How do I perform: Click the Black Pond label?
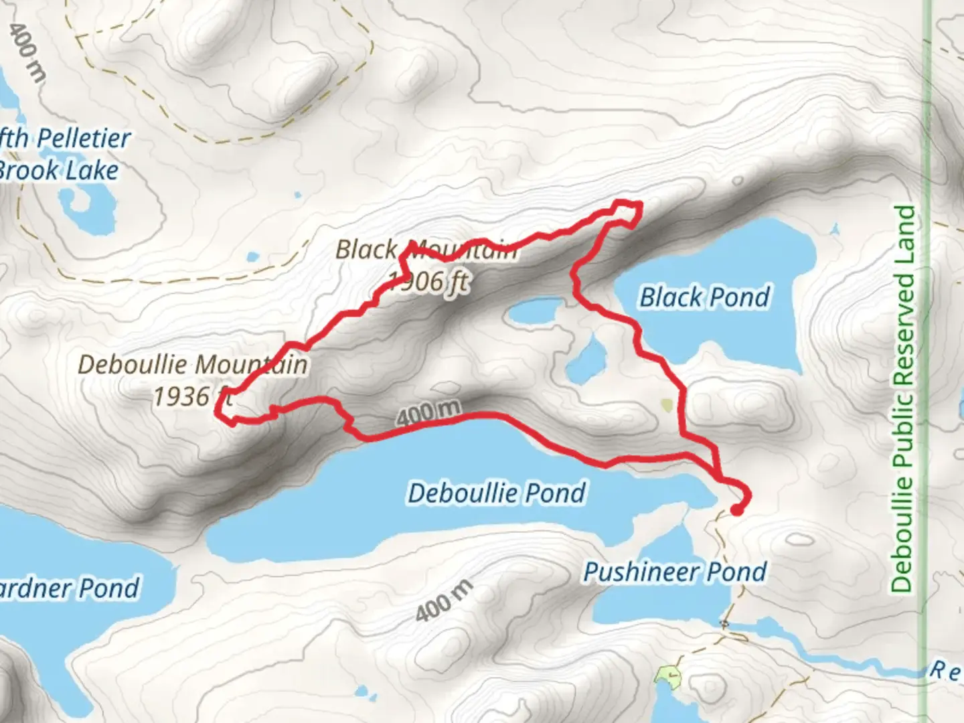coord(705,297)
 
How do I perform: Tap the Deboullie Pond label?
coord(497,493)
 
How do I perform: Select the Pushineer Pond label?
coord(675,572)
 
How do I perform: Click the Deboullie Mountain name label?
coord(193,365)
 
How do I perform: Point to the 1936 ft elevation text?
coord(191,397)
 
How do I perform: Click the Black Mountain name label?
coord(426,250)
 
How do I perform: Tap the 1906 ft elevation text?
coord(428,281)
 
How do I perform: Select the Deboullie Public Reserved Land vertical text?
coord(903,398)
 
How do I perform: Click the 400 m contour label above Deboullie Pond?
coord(428,413)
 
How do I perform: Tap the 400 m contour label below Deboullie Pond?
coord(444,600)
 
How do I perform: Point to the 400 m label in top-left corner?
coord(28,52)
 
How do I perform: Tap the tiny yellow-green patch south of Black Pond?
coord(666,404)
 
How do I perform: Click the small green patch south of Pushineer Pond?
coord(667,675)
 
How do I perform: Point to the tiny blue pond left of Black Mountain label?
coord(252,256)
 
